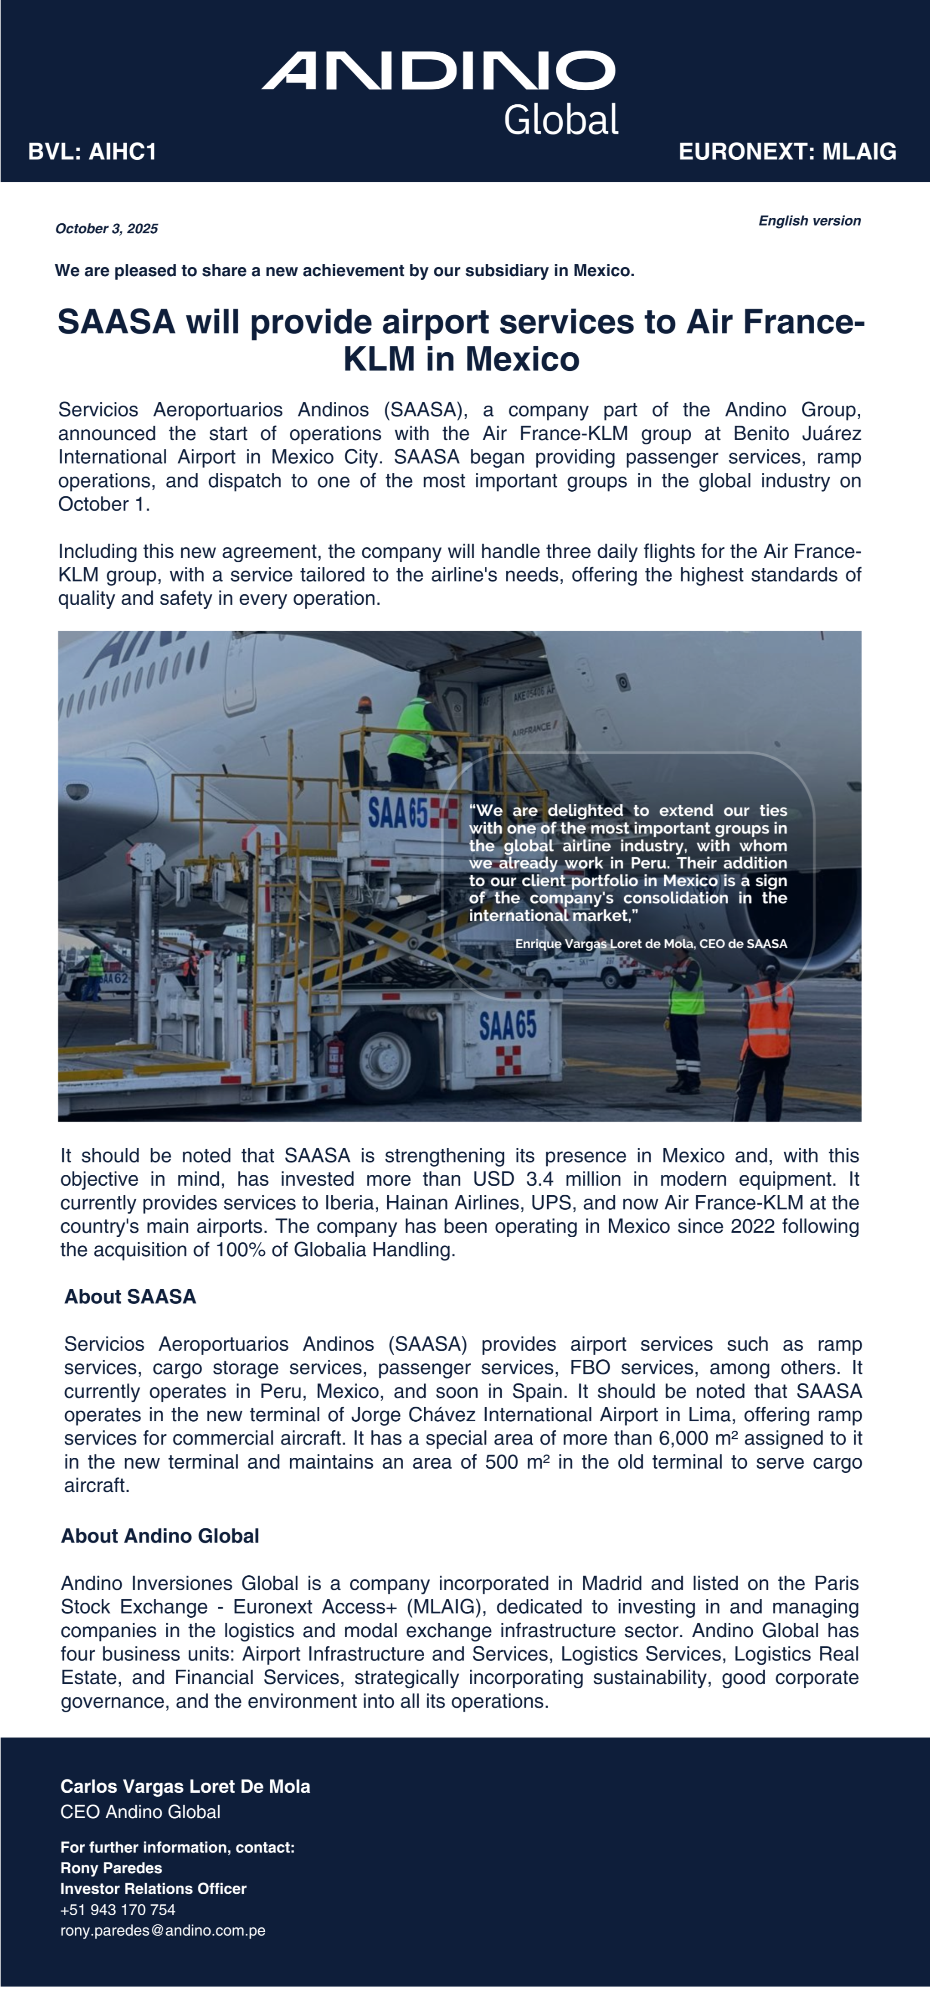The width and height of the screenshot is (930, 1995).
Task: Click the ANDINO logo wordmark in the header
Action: click(x=438, y=71)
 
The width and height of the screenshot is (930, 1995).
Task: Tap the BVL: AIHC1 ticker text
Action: click(x=92, y=152)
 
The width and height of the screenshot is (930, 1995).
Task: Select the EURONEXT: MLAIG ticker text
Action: click(x=787, y=152)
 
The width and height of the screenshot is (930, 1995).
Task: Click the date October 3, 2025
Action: click(x=107, y=228)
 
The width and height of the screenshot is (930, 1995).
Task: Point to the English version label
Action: click(x=809, y=221)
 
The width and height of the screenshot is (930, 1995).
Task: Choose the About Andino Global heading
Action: click(x=160, y=1536)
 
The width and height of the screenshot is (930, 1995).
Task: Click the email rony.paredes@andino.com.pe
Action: click(x=163, y=1931)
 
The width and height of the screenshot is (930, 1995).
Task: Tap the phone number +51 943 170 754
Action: click(x=118, y=1910)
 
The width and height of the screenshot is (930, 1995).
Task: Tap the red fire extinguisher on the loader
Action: click(x=334, y=1053)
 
